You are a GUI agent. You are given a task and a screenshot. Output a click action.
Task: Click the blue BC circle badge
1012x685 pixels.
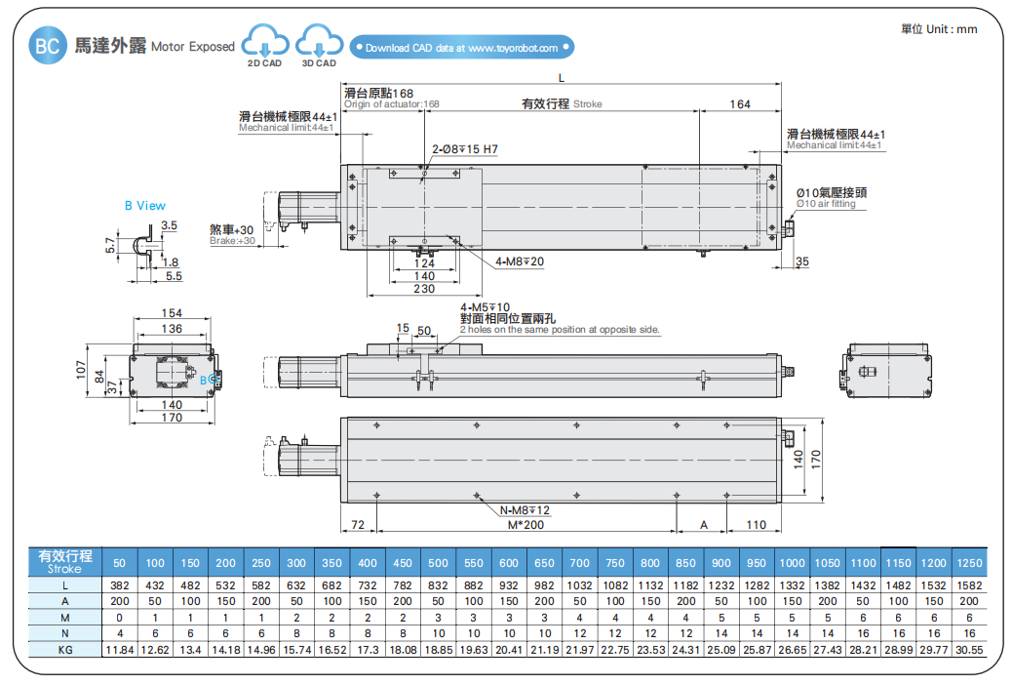tap(47, 45)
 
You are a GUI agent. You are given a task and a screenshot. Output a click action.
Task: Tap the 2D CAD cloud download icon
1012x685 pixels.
tap(265, 43)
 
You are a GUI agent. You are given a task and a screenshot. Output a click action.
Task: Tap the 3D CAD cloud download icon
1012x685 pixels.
tap(320, 43)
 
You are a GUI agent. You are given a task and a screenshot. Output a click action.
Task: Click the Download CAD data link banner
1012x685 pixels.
tap(462, 47)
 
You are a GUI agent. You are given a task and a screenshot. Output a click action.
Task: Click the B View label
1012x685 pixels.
tap(144, 206)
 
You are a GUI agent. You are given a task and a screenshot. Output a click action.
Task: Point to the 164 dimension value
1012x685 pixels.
tap(740, 103)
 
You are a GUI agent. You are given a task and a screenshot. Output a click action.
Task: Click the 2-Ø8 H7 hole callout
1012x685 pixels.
tap(465, 150)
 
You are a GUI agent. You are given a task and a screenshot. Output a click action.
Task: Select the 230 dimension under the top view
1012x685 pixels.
tap(424, 289)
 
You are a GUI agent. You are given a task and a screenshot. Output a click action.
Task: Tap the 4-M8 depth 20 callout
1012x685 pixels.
tap(519, 262)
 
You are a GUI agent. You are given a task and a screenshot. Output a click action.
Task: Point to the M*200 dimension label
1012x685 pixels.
tap(525, 525)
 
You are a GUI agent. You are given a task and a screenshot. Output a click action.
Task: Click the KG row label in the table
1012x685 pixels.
tap(66, 649)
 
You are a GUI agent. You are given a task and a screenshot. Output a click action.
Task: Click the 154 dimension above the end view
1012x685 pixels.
tap(172, 313)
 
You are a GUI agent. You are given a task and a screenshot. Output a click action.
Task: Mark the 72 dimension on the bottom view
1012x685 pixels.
tap(357, 525)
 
